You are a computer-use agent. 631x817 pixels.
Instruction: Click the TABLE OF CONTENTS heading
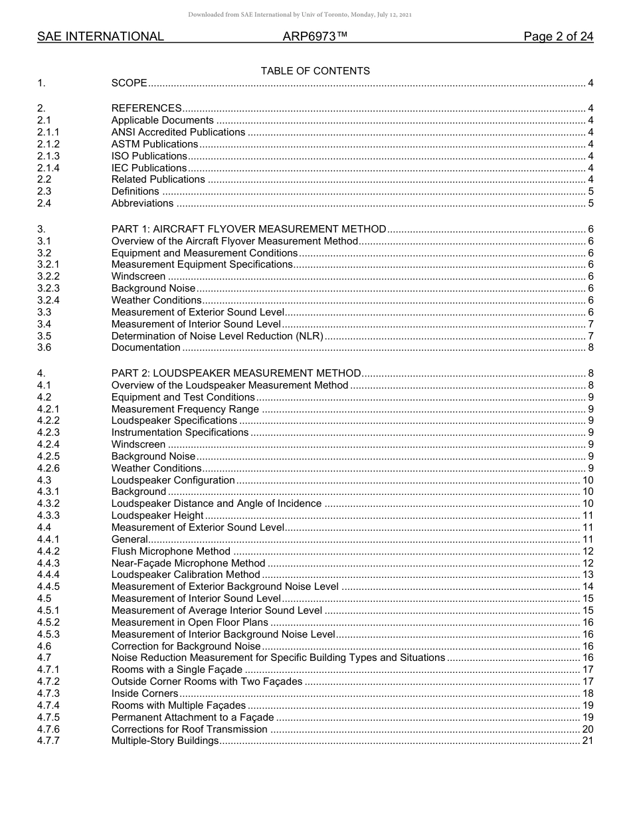(x=315, y=71)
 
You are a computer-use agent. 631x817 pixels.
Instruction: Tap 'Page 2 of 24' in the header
(x=558, y=37)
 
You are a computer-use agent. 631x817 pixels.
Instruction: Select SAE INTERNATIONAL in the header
(x=100, y=37)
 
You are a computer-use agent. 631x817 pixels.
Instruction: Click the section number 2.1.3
(x=48, y=156)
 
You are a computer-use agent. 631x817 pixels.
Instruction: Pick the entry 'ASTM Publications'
(x=155, y=144)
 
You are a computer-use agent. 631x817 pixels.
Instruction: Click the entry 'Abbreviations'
(x=142, y=203)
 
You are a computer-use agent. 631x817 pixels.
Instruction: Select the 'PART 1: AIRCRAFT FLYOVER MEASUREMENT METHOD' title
(x=248, y=229)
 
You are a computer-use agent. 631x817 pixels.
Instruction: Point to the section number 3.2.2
(x=48, y=276)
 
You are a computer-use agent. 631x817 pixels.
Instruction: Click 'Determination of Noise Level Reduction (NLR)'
(x=217, y=336)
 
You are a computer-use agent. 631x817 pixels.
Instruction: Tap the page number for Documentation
(x=590, y=347)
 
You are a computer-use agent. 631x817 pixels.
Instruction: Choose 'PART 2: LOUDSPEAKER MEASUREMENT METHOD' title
(x=236, y=373)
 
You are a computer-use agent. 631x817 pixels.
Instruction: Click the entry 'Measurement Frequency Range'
(x=185, y=409)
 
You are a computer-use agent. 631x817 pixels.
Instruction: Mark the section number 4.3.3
(x=48, y=515)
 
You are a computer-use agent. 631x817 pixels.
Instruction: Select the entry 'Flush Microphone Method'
(x=171, y=551)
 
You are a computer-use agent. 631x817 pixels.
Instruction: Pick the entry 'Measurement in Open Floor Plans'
(x=190, y=622)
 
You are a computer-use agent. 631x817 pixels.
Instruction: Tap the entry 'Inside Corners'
(x=145, y=693)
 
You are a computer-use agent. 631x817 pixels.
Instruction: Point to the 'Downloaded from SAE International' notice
(x=300, y=15)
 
